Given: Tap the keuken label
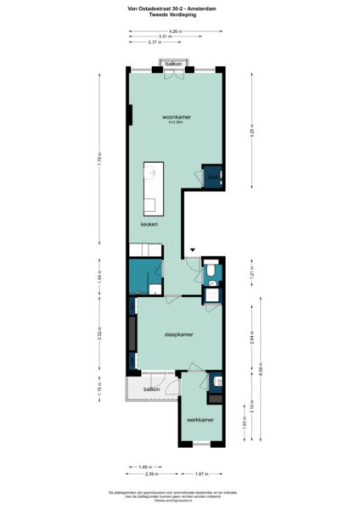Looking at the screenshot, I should (149, 224).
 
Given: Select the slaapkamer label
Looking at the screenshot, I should (178, 334).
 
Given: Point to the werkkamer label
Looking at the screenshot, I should (200, 420).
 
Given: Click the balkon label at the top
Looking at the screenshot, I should (175, 64).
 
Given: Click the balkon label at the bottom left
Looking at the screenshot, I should (152, 389).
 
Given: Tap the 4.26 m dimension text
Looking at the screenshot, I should (176, 31).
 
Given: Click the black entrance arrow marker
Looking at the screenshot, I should (193, 249).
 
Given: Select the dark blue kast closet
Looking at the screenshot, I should (210, 176).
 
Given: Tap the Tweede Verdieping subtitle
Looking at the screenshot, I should (180, 16).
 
